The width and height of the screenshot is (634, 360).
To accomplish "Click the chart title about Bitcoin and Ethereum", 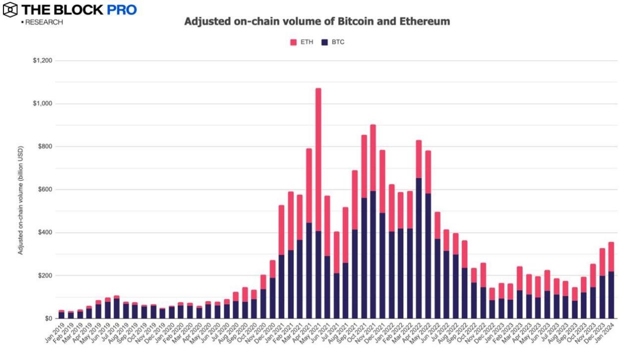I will click(317, 21).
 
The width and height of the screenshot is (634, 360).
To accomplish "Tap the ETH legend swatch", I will click(293, 42).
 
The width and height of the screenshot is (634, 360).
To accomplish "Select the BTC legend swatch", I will click(324, 42).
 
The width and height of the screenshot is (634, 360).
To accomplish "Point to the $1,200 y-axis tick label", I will click(42, 61).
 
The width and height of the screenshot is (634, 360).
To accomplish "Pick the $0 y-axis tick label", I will click(48, 319).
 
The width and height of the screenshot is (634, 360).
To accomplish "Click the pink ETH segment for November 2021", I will click(373, 158).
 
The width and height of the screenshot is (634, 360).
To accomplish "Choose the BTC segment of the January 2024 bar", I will click(611, 295).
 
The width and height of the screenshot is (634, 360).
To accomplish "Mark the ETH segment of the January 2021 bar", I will click(281, 230).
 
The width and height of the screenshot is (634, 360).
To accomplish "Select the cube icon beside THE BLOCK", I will click(9, 9).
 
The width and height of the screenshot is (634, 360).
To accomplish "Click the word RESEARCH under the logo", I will click(44, 22).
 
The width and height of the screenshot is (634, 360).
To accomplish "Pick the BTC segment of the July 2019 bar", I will click(116, 309).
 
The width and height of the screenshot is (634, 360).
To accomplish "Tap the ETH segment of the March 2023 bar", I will click(520, 278).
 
